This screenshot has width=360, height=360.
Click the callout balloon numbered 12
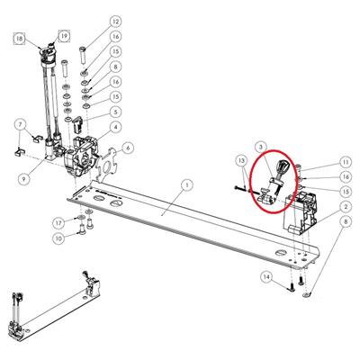click(116, 22)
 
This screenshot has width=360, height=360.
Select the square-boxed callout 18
click(20, 39)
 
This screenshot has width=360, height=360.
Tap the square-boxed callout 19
click(64, 36)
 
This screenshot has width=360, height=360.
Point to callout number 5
click(116, 112)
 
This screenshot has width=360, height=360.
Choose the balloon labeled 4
click(116, 127)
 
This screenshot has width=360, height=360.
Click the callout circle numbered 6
click(128, 148)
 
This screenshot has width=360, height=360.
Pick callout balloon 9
click(23, 179)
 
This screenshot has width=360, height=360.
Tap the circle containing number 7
click(21, 124)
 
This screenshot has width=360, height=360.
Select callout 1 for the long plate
click(187, 185)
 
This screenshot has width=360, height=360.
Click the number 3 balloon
click(261, 147)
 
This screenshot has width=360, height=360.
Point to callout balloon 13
click(241, 160)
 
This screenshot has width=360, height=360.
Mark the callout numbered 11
click(346, 162)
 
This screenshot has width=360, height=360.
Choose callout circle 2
click(346, 207)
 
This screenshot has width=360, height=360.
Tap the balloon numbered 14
click(266, 276)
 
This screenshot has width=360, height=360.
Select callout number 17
click(58, 223)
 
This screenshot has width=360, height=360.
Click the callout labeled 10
click(58, 238)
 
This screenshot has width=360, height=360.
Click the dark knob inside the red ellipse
click(283, 166)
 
